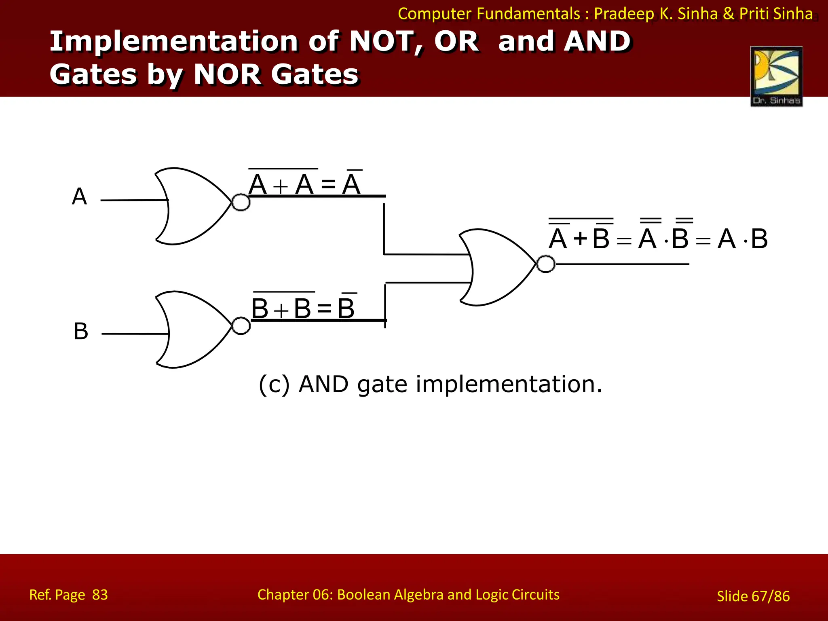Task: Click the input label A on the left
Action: [79, 196]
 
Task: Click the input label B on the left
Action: [81, 331]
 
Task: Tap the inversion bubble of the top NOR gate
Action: [241, 202]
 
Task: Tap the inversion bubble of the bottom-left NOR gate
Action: [241, 326]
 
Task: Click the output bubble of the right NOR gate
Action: [546, 264]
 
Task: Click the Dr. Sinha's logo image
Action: [776, 76]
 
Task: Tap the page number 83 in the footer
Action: [100, 595]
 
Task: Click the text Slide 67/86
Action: [753, 596]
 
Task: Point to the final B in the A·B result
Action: [759, 239]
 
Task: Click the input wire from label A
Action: [133, 200]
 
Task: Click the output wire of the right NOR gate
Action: [623, 264]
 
